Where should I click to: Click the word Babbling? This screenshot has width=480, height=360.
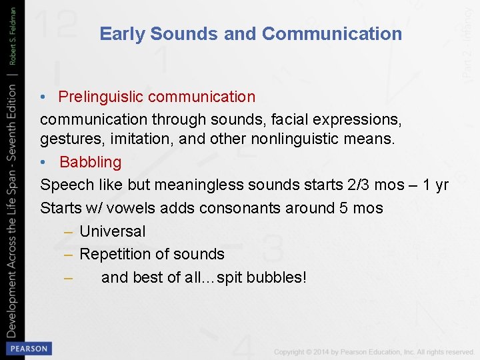coord(91,162)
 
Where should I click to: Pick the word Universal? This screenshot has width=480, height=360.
coord(112,231)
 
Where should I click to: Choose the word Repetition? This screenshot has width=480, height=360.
coord(115,254)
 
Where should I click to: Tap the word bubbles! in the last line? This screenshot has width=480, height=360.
coord(277,277)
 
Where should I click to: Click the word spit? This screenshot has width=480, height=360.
coord(229,277)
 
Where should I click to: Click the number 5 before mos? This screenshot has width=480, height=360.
coord(343,208)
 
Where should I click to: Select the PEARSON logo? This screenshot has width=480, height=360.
coord(28,348)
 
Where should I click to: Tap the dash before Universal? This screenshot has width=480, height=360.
coord(68,231)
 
